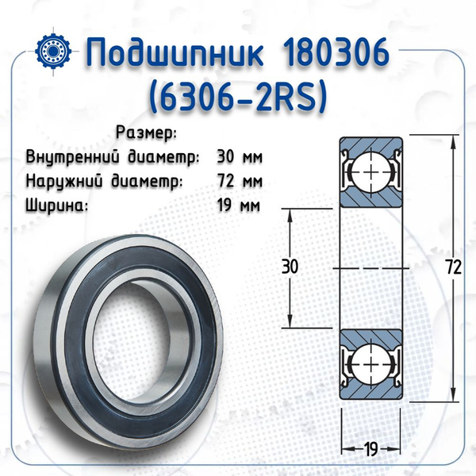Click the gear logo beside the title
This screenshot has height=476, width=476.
53,51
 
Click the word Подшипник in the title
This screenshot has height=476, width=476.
175,53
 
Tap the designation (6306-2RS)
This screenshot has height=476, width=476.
238,98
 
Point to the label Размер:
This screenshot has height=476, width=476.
146,133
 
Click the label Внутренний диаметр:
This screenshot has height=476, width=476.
113,157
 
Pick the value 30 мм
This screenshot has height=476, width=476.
240,157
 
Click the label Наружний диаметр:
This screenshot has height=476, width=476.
104,181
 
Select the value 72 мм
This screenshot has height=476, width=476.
240,181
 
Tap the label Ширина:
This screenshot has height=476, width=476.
57,205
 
